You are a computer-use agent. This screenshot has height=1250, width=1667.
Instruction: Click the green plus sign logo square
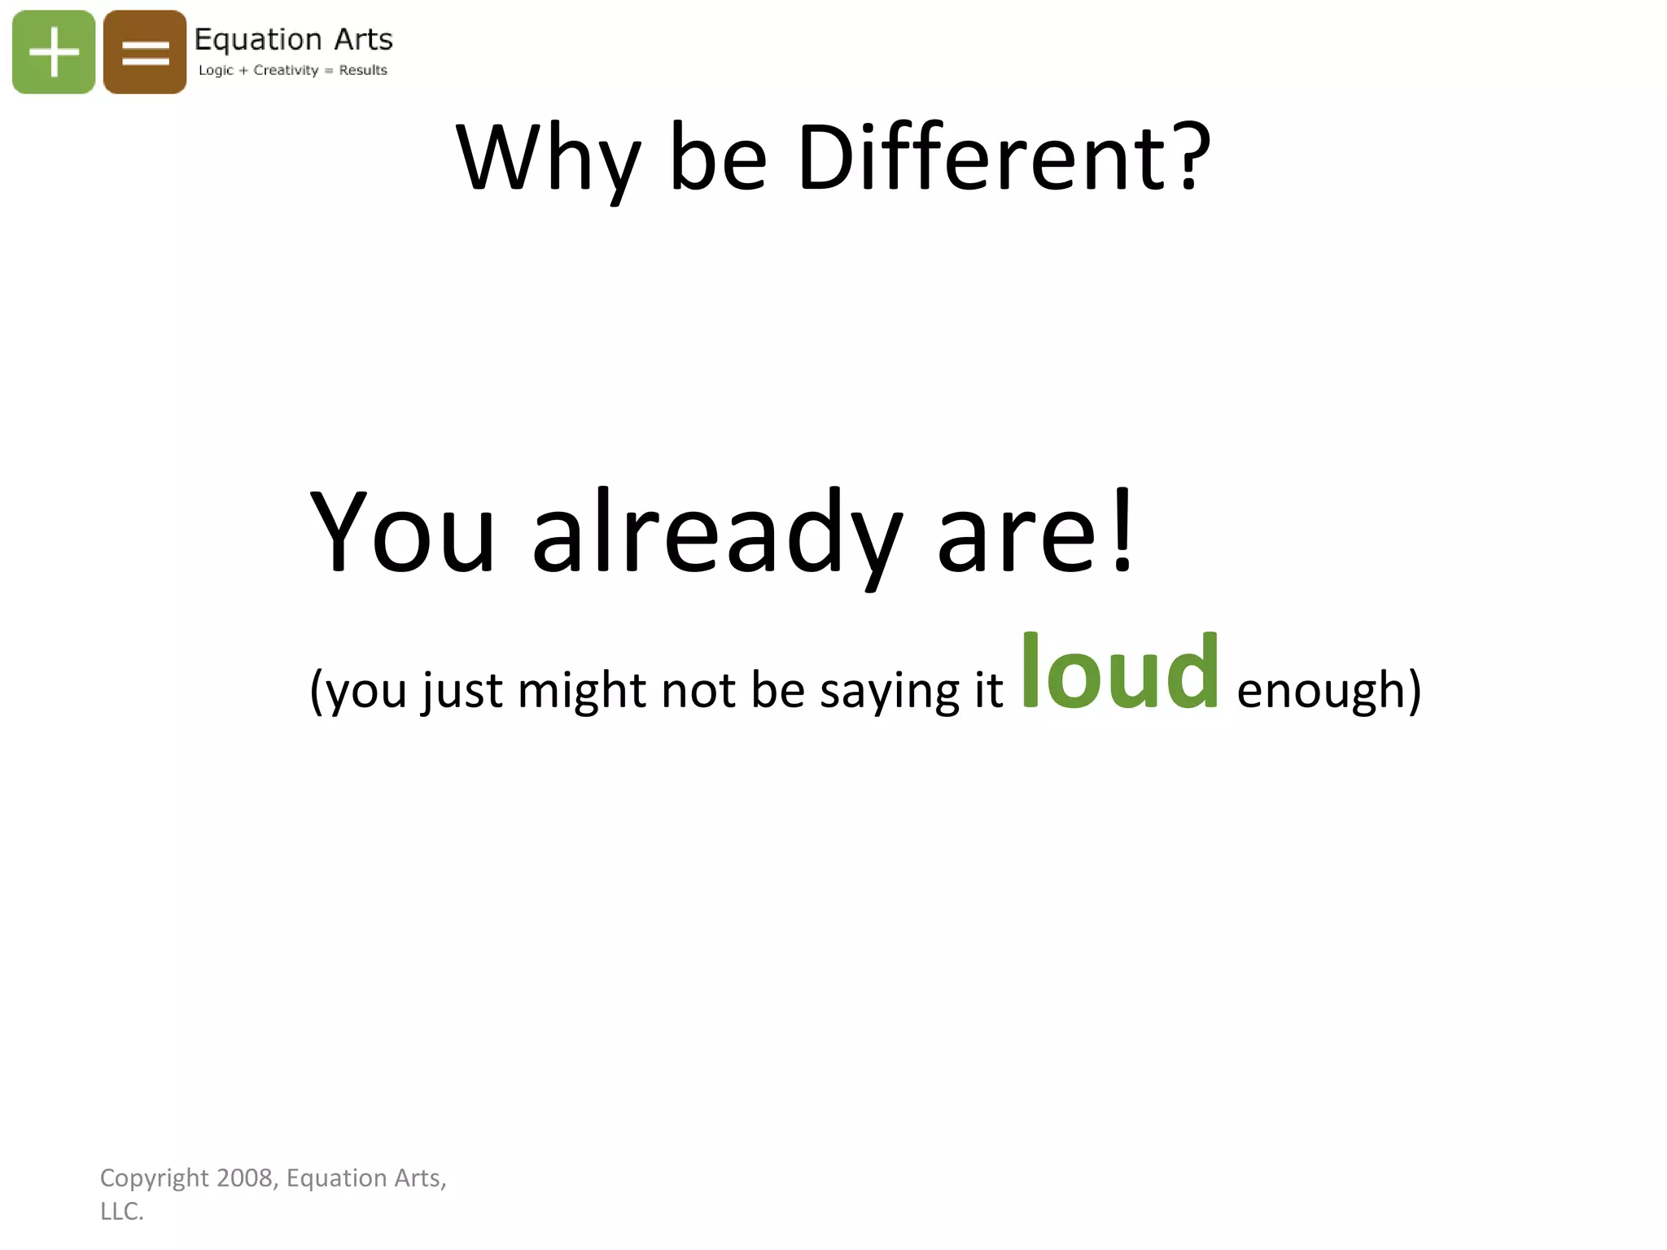coord(54,52)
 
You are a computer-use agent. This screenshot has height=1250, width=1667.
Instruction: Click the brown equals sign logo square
coord(145,52)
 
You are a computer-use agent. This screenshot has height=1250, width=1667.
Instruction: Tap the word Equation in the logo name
coord(258,40)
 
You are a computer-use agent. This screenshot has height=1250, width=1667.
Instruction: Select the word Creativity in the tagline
coord(286,70)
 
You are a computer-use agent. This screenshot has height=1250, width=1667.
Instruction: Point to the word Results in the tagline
coord(363,70)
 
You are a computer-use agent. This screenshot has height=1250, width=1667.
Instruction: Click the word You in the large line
coord(402,532)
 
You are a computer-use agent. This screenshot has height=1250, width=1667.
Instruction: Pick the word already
coord(716,534)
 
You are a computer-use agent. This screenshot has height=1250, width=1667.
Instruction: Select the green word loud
coord(1120,671)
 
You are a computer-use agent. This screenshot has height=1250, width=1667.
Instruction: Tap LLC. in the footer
coord(122,1212)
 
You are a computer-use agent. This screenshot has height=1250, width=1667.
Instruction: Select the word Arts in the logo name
coord(363,40)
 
